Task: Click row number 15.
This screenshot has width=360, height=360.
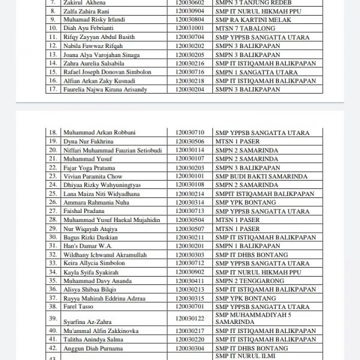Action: (x=52, y=72)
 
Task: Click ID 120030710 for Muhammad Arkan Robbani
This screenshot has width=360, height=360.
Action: (x=190, y=133)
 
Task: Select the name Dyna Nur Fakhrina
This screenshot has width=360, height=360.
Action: (x=83, y=142)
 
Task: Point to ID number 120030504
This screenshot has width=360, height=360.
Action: (x=190, y=220)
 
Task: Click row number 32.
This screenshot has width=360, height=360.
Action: (x=52, y=255)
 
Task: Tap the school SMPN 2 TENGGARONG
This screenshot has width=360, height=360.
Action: (x=245, y=281)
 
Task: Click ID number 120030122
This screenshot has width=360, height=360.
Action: (x=190, y=318)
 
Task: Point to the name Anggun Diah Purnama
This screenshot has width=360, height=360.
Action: (x=92, y=348)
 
